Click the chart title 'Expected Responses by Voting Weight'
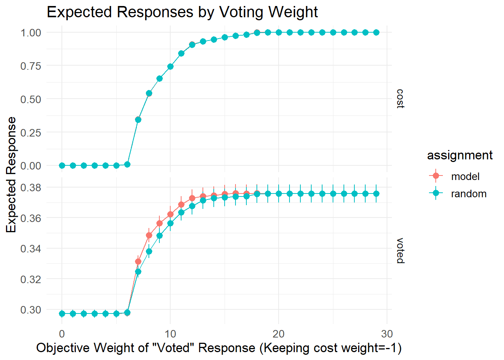coord(182,12)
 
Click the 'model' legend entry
coord(465,176)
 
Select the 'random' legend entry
coord(468,193)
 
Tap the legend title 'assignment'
coord(460,155)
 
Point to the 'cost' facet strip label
coord(400,99)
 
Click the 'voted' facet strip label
coord(400,250)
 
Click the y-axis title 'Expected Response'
coord(11,174)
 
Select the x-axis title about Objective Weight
coord(219,348)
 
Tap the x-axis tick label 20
coord(278,334)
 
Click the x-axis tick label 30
coord(387,334)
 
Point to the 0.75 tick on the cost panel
coord(31,66)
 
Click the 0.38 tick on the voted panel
coord(31,187)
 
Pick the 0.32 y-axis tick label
coord(31,279)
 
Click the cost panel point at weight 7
coord(138,120)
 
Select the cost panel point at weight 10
coord(170,66)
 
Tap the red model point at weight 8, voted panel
coord(149,235)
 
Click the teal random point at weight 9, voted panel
coord(159,236)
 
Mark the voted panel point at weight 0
coord(62,313)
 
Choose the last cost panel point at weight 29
coord(376,33)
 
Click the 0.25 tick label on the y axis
coord(31,133)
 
